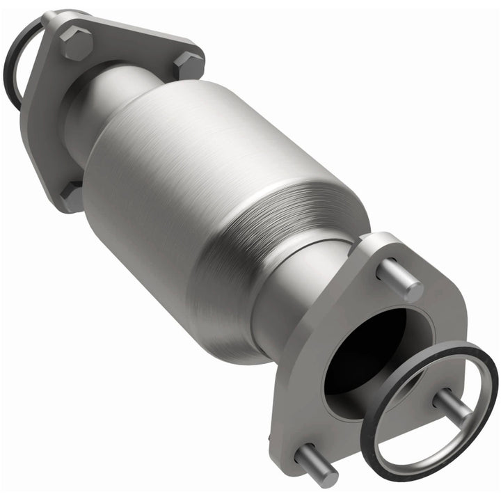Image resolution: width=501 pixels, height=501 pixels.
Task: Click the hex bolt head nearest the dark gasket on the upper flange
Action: point(75,43)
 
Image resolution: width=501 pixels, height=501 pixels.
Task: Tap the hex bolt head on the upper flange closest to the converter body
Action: point(188,65)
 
